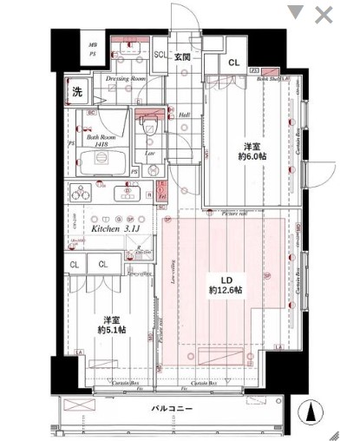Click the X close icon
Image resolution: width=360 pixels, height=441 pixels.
pyautogui.click(x=324, y=14)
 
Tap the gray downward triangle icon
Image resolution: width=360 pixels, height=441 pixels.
pyautogui.click(x=296, y=13)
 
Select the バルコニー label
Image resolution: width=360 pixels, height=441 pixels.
pyautogui.click(x=171, y=407)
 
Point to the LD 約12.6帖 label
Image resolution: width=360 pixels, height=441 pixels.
pyautogui.click(x=226, y=286)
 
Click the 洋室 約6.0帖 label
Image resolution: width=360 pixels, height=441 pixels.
pyautogui.click(x=252, y=153)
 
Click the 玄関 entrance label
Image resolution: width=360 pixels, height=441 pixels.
pyautogui.click(x=182, y=57)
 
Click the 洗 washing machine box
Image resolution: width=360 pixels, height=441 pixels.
pyautogui.click(x=77, y=93)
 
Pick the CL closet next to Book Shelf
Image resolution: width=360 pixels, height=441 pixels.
pyautogui.click(x=233, y=63)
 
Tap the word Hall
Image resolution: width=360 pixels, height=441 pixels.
pyautogui.click(x=183, y=115)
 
